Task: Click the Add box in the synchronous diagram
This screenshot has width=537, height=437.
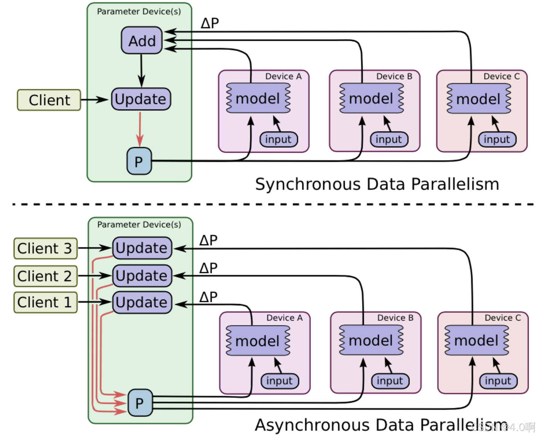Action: pos(142,40)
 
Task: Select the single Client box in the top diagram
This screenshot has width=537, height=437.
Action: pos(49,100)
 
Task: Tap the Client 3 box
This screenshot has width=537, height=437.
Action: pos(45,248)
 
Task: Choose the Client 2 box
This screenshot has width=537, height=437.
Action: pos(45,276)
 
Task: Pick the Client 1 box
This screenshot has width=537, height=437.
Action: pos(45,302)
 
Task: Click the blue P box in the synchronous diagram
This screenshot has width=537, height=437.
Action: pos(139,161)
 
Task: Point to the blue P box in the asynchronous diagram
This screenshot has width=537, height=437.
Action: pos(140,403)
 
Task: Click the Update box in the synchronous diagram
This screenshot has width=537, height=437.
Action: pos(141,99)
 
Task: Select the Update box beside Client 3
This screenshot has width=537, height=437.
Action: pos(142,248)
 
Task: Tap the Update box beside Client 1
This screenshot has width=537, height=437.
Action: pos(142,302)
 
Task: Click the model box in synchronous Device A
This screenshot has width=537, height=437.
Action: pos(258,98)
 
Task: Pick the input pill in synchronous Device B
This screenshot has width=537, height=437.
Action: pos(389,139)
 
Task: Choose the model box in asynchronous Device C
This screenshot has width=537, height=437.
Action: pos(476,340)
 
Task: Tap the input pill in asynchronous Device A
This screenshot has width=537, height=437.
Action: pos(280,381)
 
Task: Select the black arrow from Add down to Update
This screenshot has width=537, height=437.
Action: pos(142,70)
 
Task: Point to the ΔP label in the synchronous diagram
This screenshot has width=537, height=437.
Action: pos(210,23)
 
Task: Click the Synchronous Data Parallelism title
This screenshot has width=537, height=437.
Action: pos(377,184)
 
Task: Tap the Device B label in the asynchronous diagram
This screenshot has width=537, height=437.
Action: pos(395,318)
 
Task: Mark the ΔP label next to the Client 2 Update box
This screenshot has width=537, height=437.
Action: pos(208,268)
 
